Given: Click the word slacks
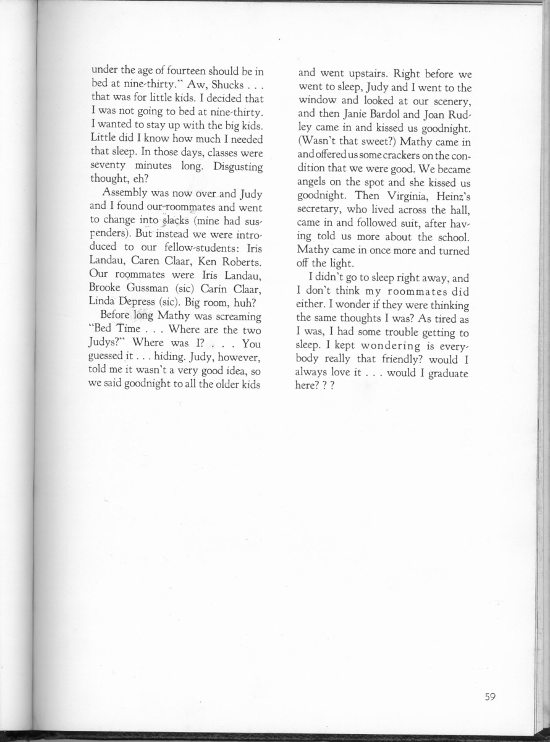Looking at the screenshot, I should tap(161, 221).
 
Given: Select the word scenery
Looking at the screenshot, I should tap(446, 99).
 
